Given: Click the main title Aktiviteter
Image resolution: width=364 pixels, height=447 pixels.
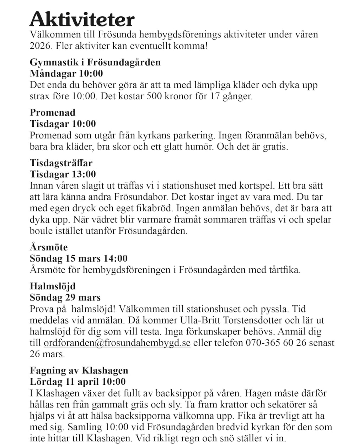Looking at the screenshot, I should [82, 19].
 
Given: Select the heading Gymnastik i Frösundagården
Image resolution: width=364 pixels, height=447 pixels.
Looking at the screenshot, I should [95, 62].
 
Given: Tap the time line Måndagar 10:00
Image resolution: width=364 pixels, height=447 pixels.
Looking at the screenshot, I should [66, 74].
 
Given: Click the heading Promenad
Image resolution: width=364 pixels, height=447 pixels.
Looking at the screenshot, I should [52, 112].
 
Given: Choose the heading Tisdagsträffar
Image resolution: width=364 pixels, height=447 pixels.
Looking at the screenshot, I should [61, 163].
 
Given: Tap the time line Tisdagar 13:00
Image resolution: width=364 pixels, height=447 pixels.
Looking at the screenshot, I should [63, 174].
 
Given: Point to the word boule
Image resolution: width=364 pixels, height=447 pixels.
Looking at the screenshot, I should [40, 231].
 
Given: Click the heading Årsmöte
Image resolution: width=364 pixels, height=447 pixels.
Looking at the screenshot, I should [48, 247].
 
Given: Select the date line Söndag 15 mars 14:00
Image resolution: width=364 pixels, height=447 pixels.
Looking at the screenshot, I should [78, 258].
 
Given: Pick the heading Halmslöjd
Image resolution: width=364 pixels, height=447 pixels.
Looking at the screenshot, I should [53, 286].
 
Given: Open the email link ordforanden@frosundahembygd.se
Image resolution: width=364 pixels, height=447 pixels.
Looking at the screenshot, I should [117, 343].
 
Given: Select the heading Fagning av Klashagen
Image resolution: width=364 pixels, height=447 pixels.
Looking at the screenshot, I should [79, 370].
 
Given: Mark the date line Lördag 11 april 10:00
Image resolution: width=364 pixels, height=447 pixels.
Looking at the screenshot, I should [77, 382].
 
